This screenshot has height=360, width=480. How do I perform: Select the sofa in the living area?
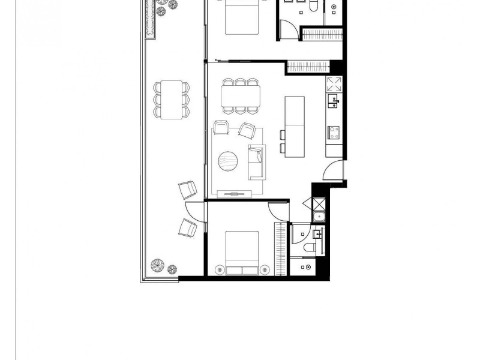click(x=256, y=162)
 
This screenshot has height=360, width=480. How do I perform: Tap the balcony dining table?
click(x=172, y=98)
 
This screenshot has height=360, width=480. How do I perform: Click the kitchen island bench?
click(x=295, y=127)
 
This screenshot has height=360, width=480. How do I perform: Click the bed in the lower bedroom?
click(x=242, y=252)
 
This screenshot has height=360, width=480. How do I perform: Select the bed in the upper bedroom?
click(x=242, y=17)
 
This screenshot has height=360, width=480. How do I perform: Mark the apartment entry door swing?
click(x=333, y=172)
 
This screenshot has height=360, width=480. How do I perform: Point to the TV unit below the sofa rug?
click(x=236, y=193)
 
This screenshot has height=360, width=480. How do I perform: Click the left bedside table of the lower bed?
click(x=217, y=269)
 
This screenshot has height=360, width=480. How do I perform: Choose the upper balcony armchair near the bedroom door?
click(x=188, y=190)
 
